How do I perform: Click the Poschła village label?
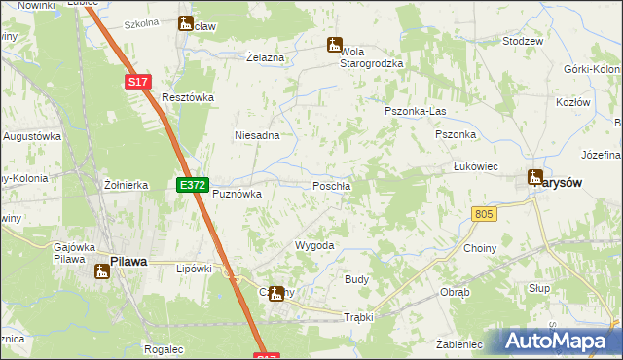coord(332,186)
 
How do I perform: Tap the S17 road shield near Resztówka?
coord(137,84)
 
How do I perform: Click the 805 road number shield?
coord(484,213)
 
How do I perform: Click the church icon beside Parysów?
coord(535,177)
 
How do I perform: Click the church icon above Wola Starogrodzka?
coord(334,45)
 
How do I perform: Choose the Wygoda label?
coord(314,246)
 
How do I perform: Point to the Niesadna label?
coord(257,135)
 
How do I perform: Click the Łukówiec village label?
coord(476,166)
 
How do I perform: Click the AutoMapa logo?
coord(560,342)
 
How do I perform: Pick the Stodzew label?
coord(523,42)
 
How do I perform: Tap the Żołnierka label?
coord(126,184)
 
